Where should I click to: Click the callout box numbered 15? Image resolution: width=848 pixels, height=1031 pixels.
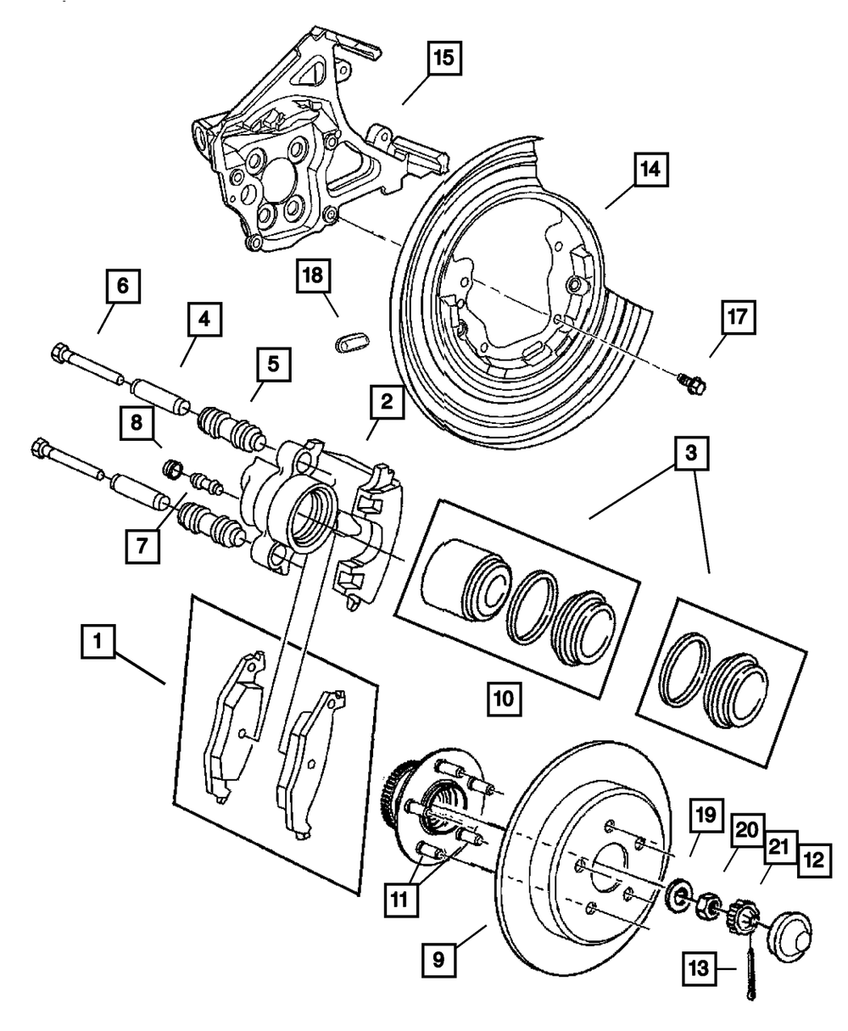444,59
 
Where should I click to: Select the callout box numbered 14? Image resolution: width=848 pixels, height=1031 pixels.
651,170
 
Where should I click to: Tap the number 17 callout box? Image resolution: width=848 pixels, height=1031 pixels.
738,317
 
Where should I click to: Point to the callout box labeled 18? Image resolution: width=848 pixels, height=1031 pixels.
313,276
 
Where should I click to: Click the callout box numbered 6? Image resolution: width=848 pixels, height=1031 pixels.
123,286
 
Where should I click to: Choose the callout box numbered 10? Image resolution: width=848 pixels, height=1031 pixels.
505,699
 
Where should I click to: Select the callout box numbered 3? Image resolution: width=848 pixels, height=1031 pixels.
691,453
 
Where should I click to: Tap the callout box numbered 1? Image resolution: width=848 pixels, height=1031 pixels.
98,641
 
